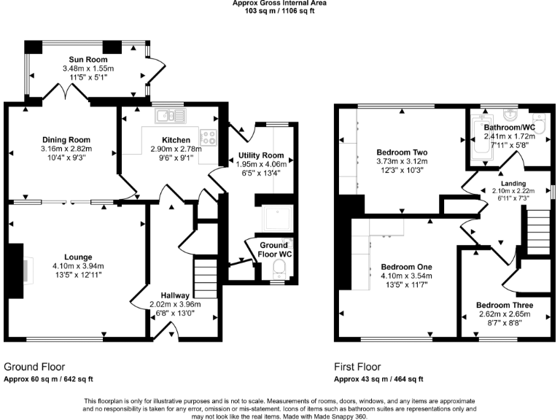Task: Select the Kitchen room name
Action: click(x=176, y=139)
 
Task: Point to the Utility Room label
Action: click(x=260, y=155)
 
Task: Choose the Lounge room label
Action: click(x=77, y=257)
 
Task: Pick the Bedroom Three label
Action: click(x=504, y=305)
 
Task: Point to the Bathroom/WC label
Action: click(x=510, y=127)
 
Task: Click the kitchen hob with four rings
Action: click(x=209, y=136)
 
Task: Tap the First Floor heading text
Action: click(x=357, y=367)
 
